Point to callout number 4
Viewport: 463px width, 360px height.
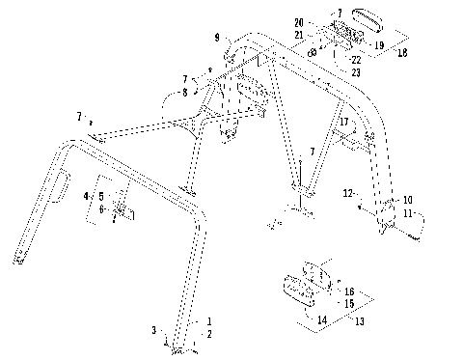pyautogui.click(x=86, y=195)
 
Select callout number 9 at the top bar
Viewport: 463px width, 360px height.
pyautogui.click(x=218, y=38)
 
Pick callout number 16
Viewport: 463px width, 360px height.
pyautogui.click(x=348, y=290)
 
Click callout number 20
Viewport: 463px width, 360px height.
pyautogui.click(x=299, y=21)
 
